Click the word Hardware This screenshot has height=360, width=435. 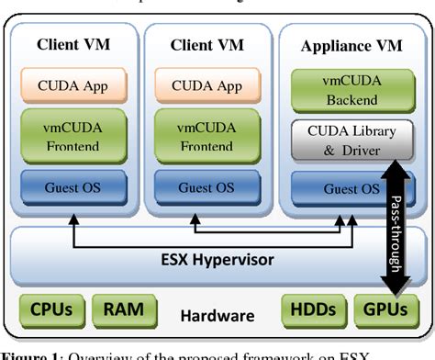click(x=217, y=315)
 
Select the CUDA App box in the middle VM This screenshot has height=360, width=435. click(x=206, y=88)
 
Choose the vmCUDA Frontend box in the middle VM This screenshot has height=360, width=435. click(x=206, y=137)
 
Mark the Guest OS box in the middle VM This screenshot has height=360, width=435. click(x=206, y=188)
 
